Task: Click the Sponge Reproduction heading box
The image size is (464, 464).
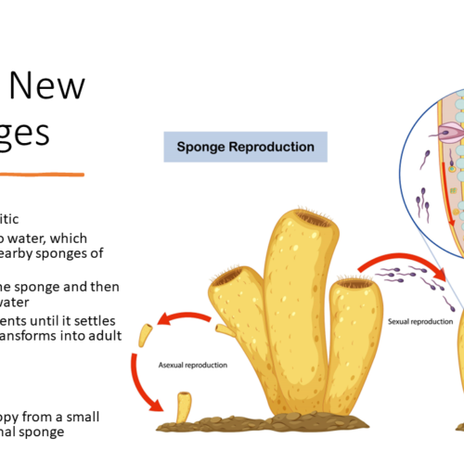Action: pos(239,147)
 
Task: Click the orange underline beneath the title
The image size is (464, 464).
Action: pos(42,174)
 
